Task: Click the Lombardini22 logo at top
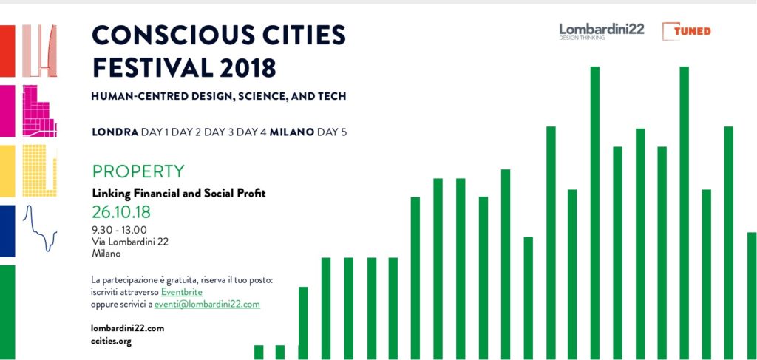coord(602,31)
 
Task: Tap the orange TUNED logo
coord(687,31)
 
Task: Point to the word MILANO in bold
coord(292,132)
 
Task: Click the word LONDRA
coord(115,132)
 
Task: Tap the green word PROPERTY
coord(138,171)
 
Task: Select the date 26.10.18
coord(121,212)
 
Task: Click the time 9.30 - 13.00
coord(119,230)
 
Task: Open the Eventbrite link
coord(182,292)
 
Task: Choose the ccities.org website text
coord(111,342)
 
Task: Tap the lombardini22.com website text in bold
coord(127,328)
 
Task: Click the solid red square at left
coord(7,51)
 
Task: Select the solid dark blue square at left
coord(7,231)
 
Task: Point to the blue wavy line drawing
coord(40,228)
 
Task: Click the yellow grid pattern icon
coord(40,171)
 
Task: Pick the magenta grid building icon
coord(40,111)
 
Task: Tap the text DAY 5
coord(332,132)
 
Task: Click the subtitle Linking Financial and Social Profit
coord(179,194)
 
